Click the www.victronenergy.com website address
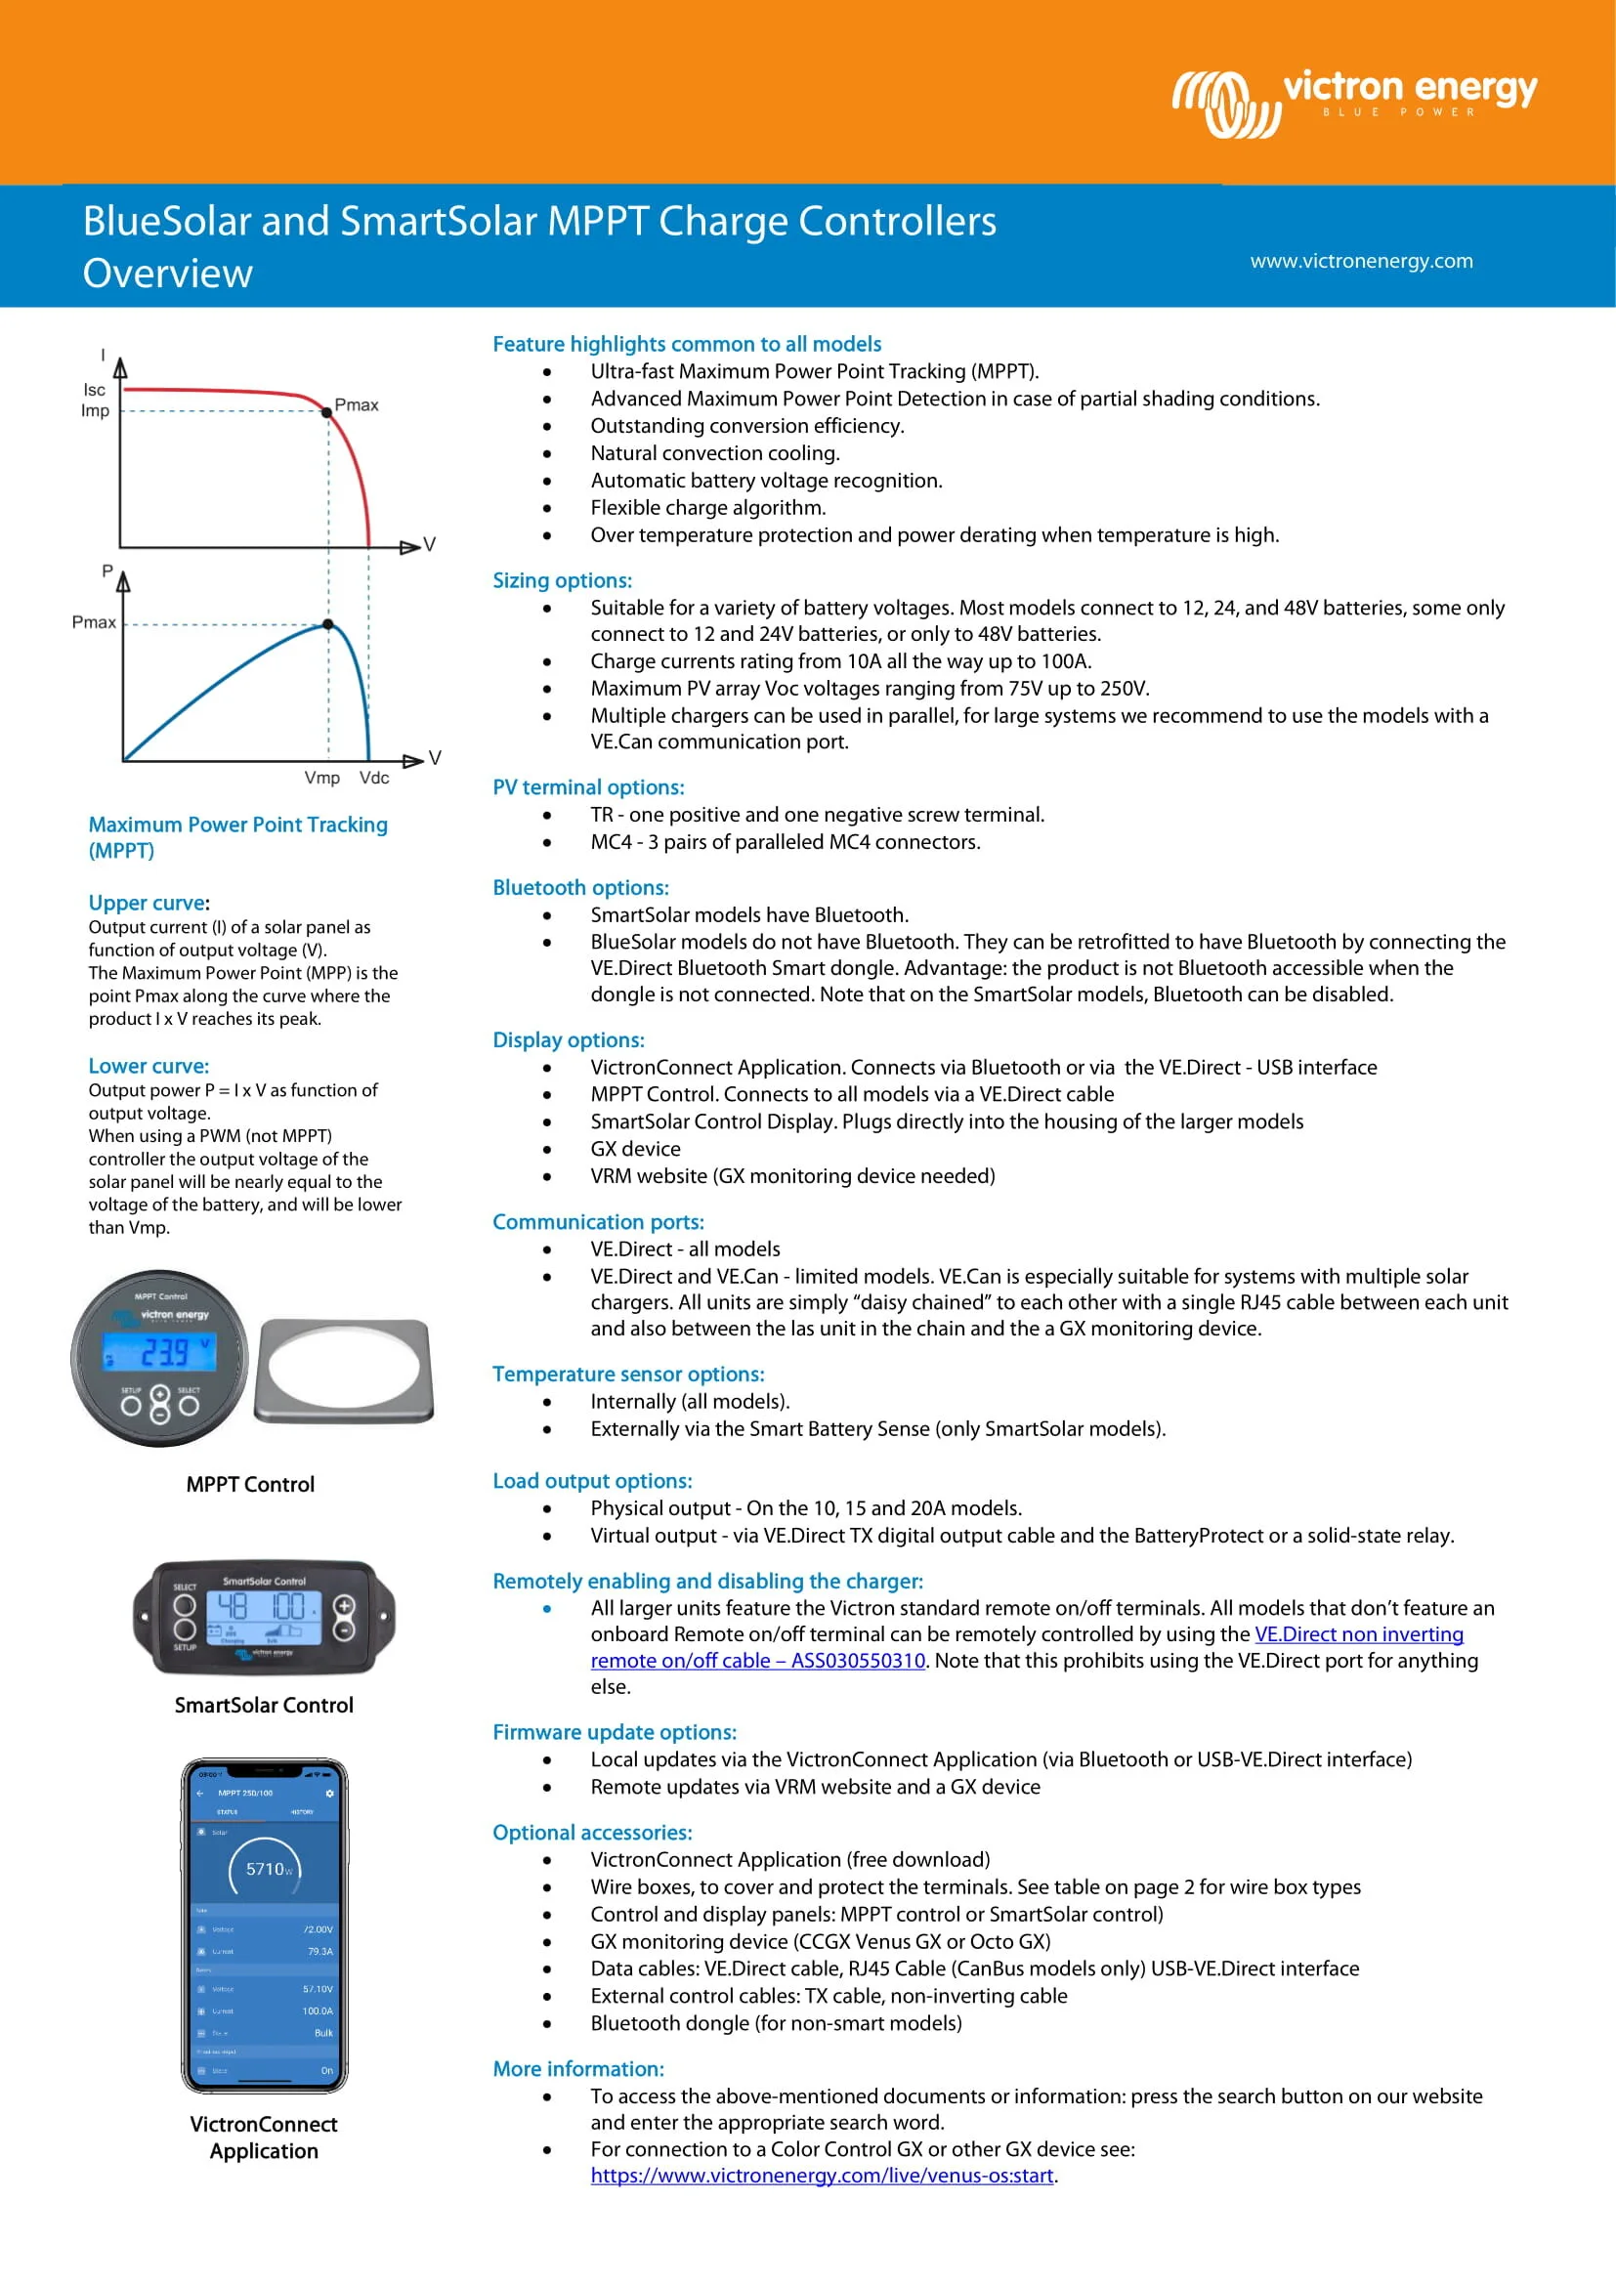[x=1360, y=261]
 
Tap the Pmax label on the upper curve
[x=357, y=405]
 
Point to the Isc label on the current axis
[x=95, y=389]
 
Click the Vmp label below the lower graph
[x=321, y=778]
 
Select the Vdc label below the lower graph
[x=374, y=778]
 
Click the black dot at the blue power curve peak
[x=327, y=625]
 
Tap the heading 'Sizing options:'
[x=562, y=580]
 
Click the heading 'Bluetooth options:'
[x=580, y=887]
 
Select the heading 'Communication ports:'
[x=598, y=1221]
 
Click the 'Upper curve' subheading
[x=147, y=903]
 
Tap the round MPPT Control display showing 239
[x=159, y=1358]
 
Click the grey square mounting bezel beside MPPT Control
[x=344, y=1370]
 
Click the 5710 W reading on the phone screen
[x=267, y=1869]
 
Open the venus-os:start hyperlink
[x=821, y=2175]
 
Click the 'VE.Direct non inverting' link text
[x=1358, y=1634]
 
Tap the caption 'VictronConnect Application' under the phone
[x=264, y=2137]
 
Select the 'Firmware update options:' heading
[x=614, y=1732]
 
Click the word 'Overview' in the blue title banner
[x=167, y=274]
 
